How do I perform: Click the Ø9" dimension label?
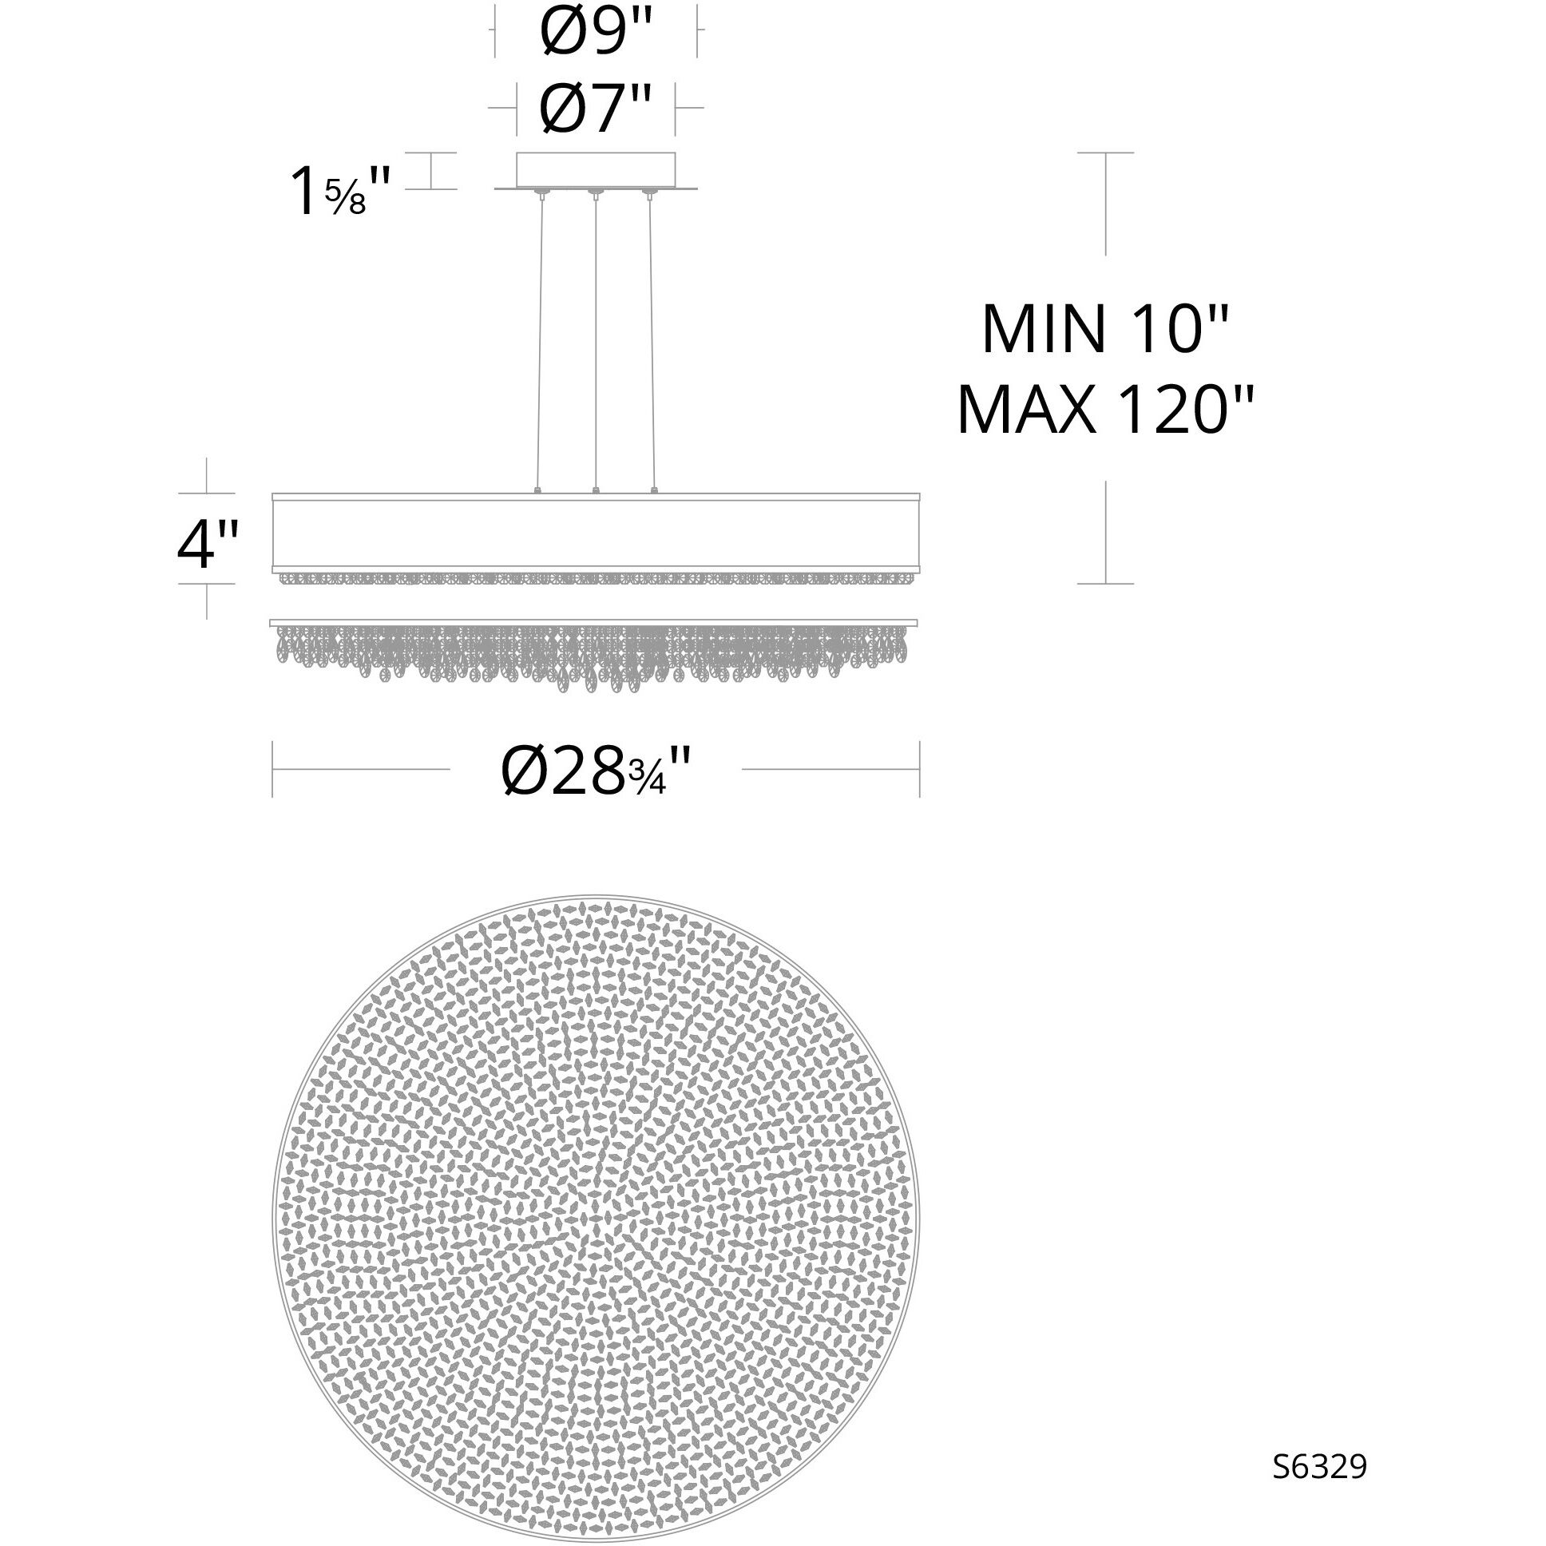pos(597,30)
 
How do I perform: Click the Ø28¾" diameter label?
pos(596,770)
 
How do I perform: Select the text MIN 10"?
pos(1104,330)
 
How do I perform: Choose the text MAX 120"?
pos(1104,410)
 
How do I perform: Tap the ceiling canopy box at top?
pos(596,169)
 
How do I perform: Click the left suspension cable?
pos(539,340)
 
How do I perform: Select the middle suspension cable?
pos(595,340)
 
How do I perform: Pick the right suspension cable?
pos(652,340)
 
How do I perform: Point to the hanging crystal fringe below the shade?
pos(596,652)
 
